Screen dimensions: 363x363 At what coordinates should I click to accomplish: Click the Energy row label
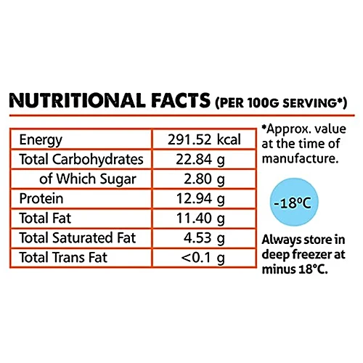click(x=41, y=140)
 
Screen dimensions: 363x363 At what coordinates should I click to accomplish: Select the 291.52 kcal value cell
click(x=204, y=139)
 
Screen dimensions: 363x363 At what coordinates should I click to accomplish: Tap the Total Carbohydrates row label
click(x=81, y=160)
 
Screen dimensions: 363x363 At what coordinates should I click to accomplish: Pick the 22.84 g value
click(x=200, y=160)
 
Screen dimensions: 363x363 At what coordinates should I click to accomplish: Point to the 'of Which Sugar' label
click(x=88, y=179)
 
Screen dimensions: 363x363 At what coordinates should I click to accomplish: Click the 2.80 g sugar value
click(x=204, y=179)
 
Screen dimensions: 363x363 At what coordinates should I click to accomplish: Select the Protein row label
click(x=41, y=199)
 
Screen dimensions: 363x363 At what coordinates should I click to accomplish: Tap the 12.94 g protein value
click(x=200, y=199)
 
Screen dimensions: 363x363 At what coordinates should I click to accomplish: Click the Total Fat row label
click(x=45, y=218)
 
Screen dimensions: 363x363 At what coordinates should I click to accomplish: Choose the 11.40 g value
click(x=200, y=219)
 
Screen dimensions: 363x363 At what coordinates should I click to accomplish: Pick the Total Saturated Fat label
click(x=77, y=237)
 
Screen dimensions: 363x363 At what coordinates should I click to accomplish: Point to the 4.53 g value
click(x=204, y=238)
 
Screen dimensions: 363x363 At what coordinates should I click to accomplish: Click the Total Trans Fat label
click(x=63, y=257)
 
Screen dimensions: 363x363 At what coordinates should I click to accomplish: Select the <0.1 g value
click(x=203, y=258)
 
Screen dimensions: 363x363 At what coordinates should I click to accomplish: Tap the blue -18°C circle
click(x=294, y=202)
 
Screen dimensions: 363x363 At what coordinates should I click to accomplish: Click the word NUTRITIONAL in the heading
click(x=78, y=100)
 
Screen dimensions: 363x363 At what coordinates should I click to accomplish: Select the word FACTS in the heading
click(x=181, y=100)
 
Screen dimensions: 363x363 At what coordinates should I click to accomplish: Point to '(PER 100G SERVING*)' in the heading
click(x=281, y=103)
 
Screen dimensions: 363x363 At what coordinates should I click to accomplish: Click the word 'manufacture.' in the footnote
click(x=300, y=159)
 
